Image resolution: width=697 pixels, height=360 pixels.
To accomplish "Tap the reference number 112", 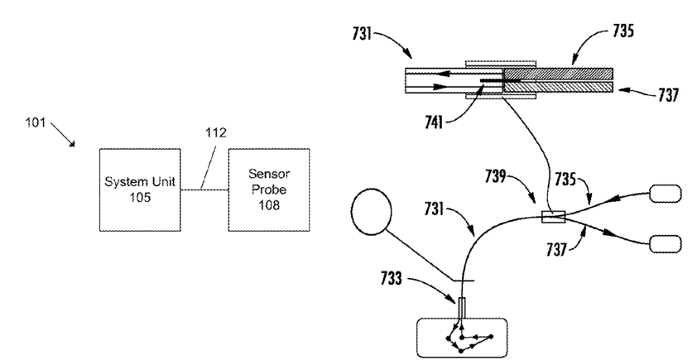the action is [x=215, y=132].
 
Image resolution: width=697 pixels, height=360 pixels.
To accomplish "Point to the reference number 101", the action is [x=35, y=122].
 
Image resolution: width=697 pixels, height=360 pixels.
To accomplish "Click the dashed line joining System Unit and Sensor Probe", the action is [x=204, y=190].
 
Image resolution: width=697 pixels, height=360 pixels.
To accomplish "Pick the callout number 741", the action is [x=434, y=122].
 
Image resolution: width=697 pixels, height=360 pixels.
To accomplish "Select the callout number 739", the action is [x=496, y=176].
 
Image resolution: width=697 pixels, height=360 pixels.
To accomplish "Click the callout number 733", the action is [x=392, y=278].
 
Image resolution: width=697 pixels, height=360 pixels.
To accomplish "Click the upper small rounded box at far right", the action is [x=666, y=194].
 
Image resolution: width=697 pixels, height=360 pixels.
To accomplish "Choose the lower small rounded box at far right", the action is [x=666, y=243].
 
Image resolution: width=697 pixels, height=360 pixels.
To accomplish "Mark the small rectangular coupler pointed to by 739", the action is [x=554, y=217].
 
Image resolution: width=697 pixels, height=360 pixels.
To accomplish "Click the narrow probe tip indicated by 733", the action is [x=461, y=308].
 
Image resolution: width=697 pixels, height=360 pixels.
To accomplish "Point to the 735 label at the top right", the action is [x=623, y=31].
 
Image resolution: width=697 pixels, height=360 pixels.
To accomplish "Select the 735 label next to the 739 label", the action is [x=565, y=179].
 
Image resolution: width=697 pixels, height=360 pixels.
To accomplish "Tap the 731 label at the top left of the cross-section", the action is [x=362, y=33].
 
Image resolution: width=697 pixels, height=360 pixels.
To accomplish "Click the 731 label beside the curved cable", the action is [x=434, y=209].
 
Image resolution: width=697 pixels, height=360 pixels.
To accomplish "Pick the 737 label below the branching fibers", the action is [x=557, y=250].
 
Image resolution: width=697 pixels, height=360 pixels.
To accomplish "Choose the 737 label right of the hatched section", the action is [x=668, y=94].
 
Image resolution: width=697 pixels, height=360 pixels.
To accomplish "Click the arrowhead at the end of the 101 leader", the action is [x=73, y=143].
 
